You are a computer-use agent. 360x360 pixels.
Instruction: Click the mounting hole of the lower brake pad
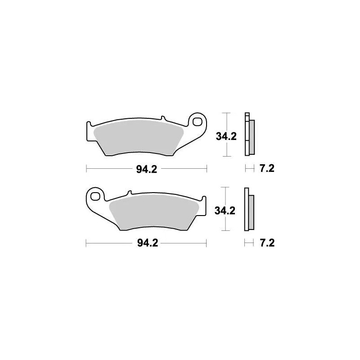(x=95, y=196)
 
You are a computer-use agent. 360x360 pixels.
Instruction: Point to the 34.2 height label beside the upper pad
(x=226, y=137)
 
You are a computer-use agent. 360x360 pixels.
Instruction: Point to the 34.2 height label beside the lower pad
(x=226, y=211)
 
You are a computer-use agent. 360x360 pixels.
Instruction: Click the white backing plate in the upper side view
(x=246, y=134)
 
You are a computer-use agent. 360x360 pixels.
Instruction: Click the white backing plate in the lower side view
(x=246, y=209)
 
